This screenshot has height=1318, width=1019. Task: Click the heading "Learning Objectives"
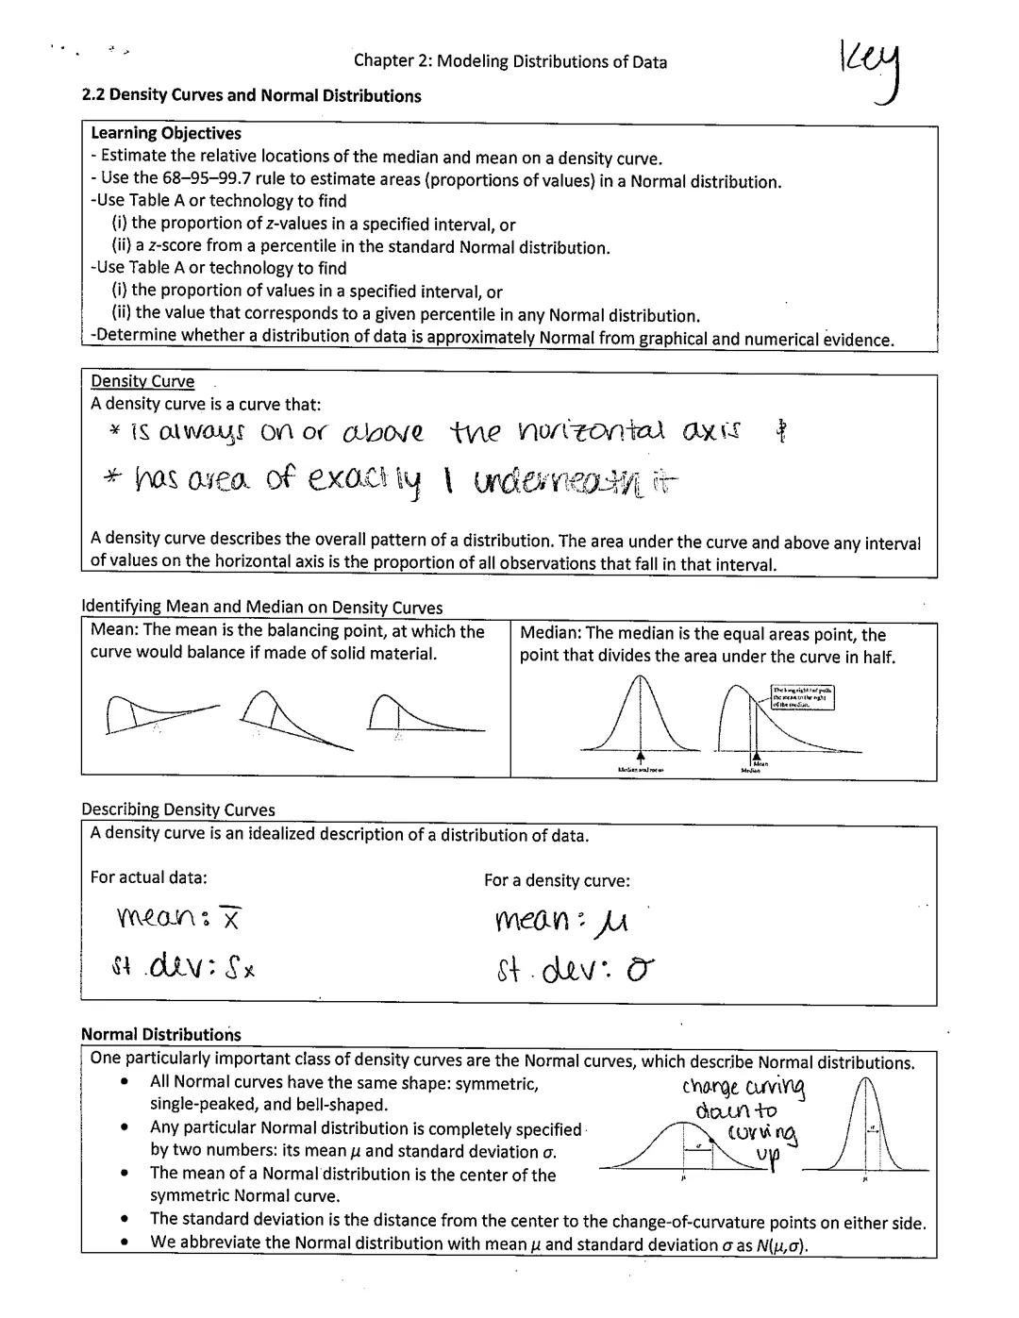[166, 134]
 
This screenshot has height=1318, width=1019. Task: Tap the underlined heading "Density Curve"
[142, 381]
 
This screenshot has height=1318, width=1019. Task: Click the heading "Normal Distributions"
[161, 1034]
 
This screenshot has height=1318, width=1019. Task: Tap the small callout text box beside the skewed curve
[802, 696]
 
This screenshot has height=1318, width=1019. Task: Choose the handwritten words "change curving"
[743, 1088]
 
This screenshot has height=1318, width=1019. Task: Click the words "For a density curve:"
[557, 880]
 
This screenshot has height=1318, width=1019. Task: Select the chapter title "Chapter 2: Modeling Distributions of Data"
[509, 62]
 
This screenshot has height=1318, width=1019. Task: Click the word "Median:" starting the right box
[550, 634]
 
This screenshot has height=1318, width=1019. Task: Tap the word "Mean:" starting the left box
[113, 631]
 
